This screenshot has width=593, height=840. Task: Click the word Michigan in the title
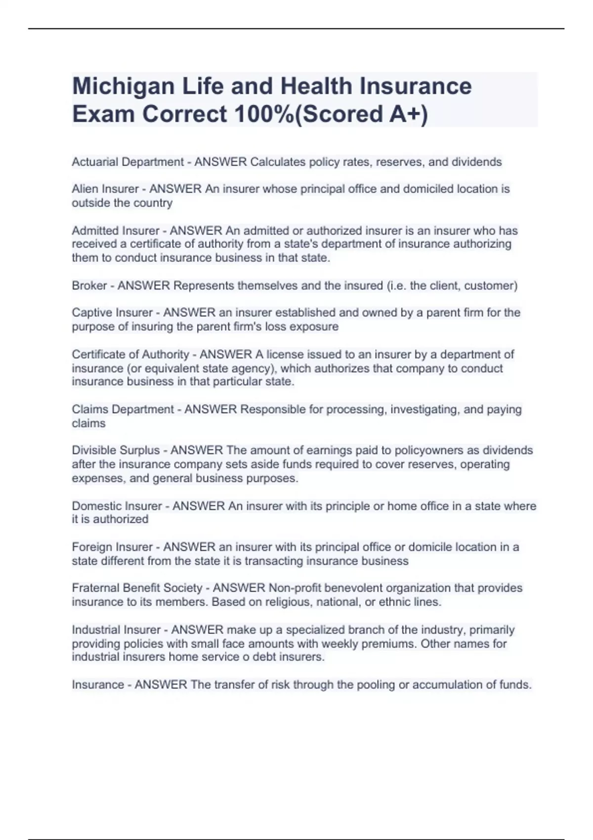click(123, 86)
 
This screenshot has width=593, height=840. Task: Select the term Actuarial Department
click(127, 162)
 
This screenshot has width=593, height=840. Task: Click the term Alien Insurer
click(105, 189)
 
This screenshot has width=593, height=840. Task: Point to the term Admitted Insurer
click(116, 231)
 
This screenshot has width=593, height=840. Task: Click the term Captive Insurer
click(112, 313)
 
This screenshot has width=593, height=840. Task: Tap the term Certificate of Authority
click(130, 355)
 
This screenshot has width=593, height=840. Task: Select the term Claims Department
click(123, 410)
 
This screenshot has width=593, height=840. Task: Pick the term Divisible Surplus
click(116, 451)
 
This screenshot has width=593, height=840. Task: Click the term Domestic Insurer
click(117, 506)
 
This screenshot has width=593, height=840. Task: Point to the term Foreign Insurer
click(112, 547)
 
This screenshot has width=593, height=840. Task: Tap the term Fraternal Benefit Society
click(137, 588)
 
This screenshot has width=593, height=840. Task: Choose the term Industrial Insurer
click(116, 630)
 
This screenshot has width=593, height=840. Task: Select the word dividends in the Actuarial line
click(477, 162)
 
